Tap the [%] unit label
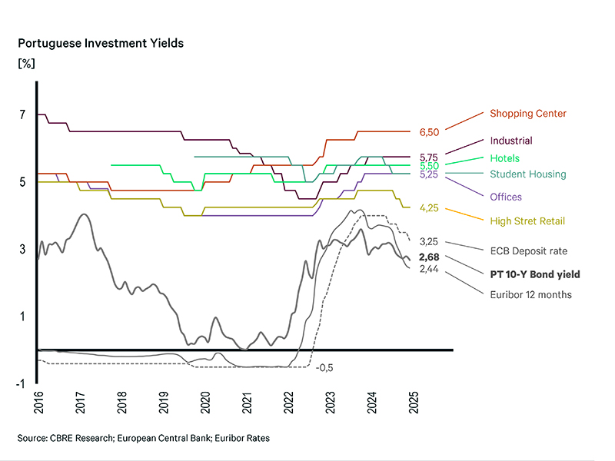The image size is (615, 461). (x=26, y=63)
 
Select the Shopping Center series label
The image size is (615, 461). (x=528, y=114)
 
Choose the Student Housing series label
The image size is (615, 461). (x=527, y=174)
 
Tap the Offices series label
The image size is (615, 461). (x=506, y=197)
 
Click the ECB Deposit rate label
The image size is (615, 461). (x=529, y=250)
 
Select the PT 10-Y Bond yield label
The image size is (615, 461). (x=535, y=274)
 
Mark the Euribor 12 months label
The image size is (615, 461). (x=531, y=294)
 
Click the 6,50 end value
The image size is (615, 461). (x=429, y=132)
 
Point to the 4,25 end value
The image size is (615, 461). (x=429, y=207)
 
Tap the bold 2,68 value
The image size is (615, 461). (x=429, y=257)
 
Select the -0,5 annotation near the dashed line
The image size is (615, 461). (x=324, y=368)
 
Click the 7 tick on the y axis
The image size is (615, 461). (x=23, y=115)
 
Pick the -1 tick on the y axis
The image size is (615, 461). (x=21, y=383)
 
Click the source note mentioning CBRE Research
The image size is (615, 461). (x=143, y=438)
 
